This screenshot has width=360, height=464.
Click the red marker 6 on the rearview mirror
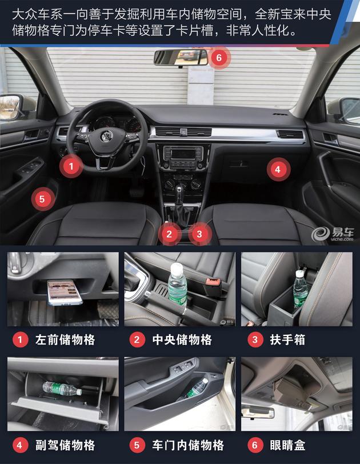pyautogui.click(x=218, y=58)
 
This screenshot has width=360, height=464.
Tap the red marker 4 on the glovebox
pyautogui.click(x=277, y=169)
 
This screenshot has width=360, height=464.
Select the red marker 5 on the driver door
pyautogui.click(x=42, y=199)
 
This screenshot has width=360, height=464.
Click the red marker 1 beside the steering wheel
pyautogui.click(x=70, y=166)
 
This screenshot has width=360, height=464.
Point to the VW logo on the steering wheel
pyautogui.click(x=106, y=136)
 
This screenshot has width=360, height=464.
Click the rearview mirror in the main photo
pyautogui.click(x=180, y=57)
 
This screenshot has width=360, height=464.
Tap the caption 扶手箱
pyautogui.click(x=287, y=340)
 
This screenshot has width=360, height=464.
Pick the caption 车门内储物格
pyautogui.click(x=188, y=445)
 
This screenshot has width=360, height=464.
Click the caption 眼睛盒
pyautogui.click(x=287, y=445)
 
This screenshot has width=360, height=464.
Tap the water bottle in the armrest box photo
pyautogui.click(x=300, y=290)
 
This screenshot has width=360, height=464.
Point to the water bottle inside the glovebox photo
pyautogui.click(x=61, y=389)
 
